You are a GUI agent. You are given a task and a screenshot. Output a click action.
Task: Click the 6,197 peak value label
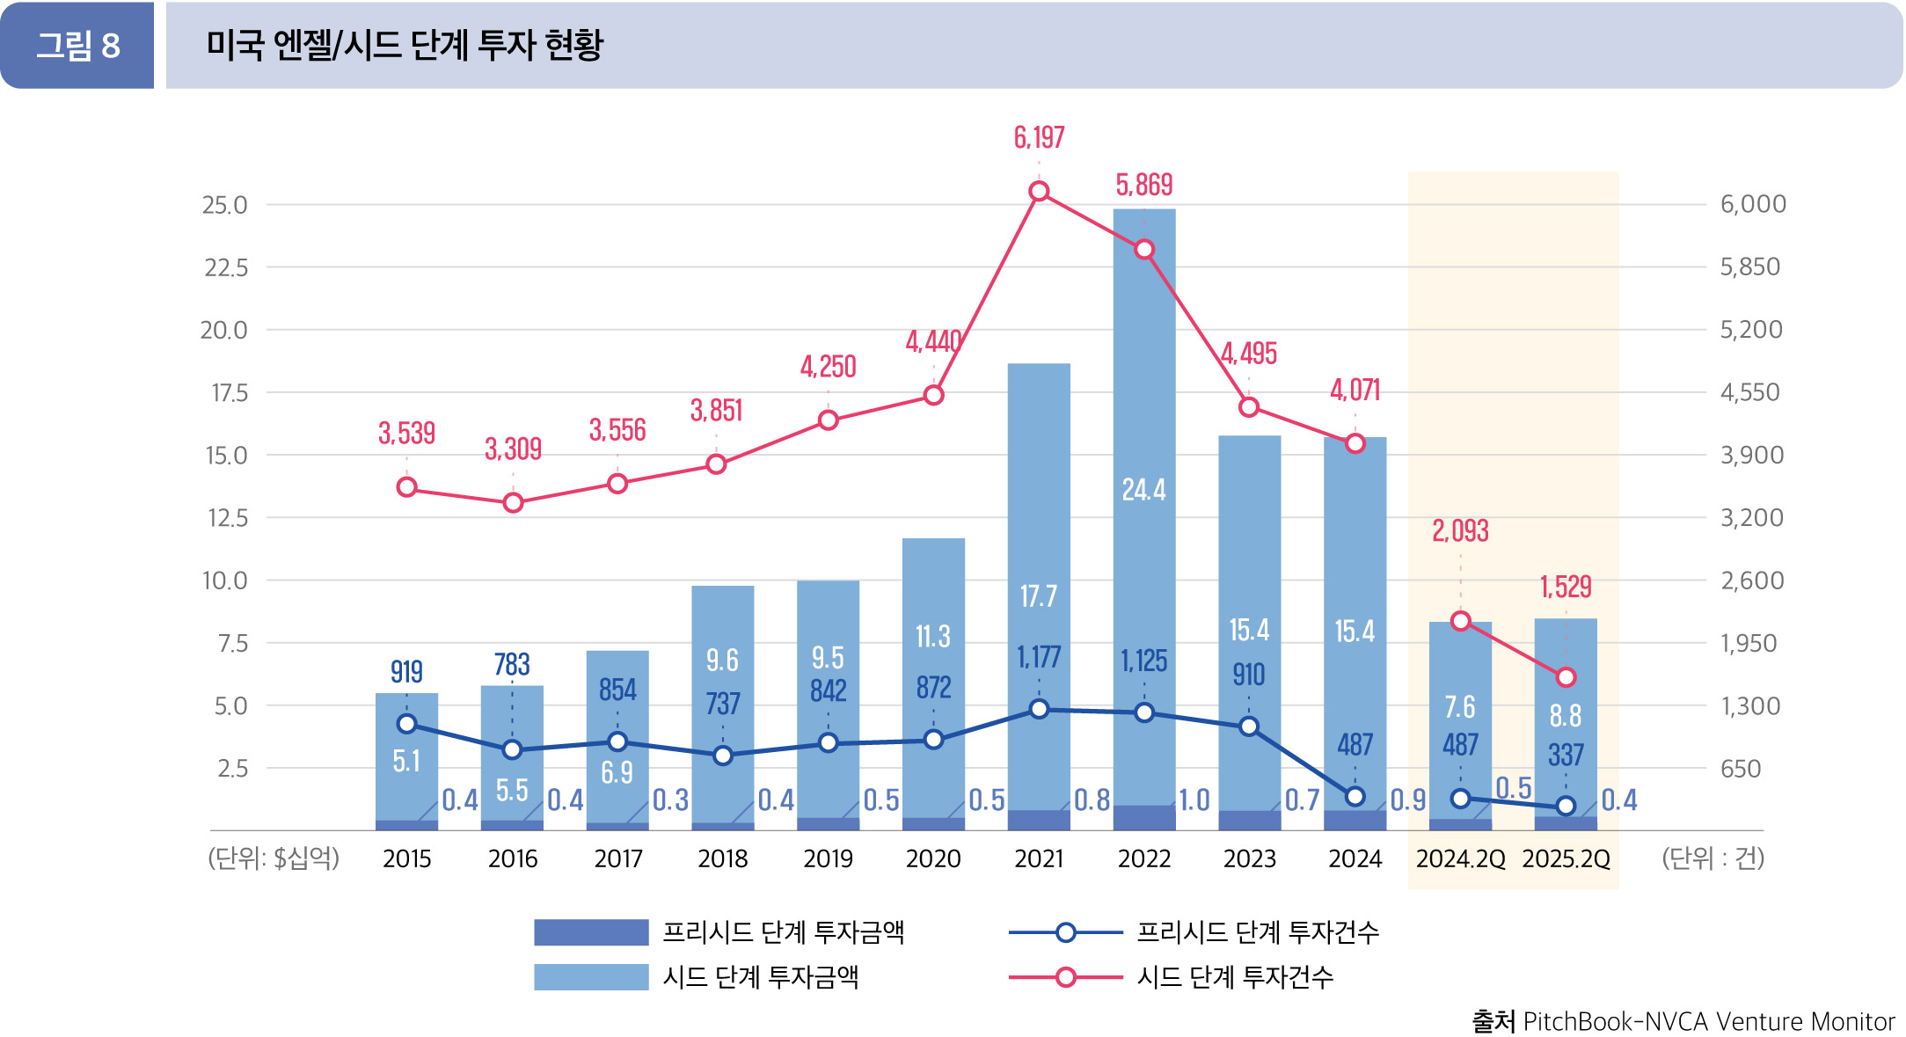(1039, 138)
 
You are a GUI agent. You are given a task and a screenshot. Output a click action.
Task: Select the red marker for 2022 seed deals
(1143, 250)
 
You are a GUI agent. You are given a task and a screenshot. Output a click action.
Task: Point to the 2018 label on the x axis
(722, 858)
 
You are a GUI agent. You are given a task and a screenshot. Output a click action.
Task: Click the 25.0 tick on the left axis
(224, 205)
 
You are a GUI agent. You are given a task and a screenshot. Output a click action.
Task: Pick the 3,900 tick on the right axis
(1751, 456)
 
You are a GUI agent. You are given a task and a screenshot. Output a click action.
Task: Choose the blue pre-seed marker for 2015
(406, 724)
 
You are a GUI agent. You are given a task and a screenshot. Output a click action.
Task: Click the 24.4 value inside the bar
(1143, 490)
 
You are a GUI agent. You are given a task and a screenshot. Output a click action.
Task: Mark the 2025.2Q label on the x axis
(1566, 858)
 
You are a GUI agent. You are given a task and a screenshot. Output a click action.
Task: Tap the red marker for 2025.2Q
(1566, 677)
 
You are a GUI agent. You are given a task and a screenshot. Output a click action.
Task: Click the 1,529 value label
(1566, 587)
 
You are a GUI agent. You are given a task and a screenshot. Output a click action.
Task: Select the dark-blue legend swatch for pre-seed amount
(590, 932)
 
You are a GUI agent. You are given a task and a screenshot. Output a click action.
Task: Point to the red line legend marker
(1065, 977)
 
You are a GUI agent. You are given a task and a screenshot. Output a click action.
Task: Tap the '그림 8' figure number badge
(77, 46)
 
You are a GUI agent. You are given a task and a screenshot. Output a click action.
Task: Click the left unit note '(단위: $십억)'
(274, 858)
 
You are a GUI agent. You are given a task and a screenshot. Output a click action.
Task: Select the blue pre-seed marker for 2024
(1355, 797)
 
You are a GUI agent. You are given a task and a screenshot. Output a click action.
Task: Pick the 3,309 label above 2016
(513, 449)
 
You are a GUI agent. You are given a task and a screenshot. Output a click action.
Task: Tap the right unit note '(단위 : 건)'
(1712, 858)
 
